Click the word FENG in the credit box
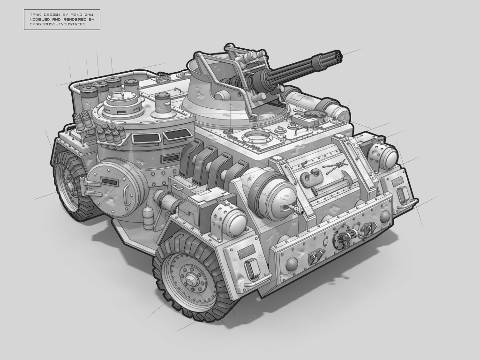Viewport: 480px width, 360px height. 75,15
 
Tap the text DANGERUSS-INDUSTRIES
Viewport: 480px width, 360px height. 58,24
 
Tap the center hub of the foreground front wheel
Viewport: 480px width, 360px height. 192,279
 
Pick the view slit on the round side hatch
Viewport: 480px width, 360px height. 109,182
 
